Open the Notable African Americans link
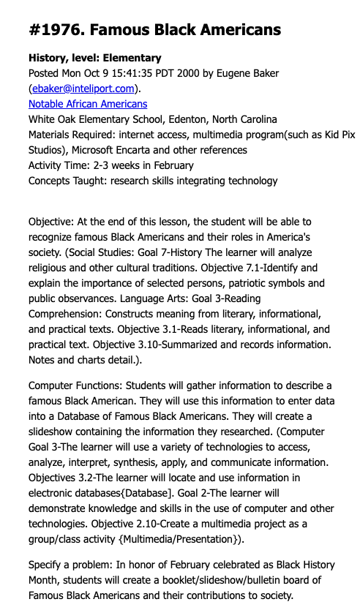point(88,104)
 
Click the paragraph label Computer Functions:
point(75,385)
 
